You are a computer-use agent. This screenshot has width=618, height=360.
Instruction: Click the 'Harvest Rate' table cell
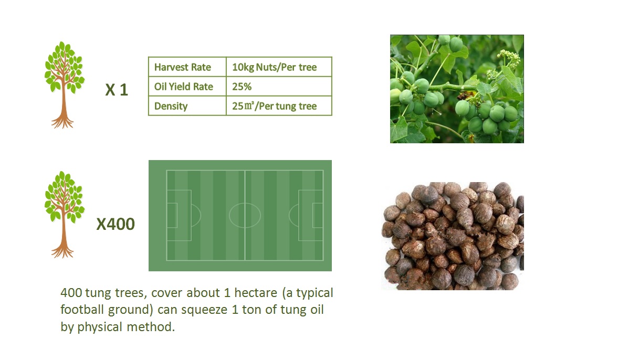[x=187, y=67]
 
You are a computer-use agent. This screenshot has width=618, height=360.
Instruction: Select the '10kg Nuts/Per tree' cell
[x=279, y=67]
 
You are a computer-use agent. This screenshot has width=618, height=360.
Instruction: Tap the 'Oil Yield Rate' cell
[x=187, y=86]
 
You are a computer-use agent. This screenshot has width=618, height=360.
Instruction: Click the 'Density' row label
[x=187, y=105]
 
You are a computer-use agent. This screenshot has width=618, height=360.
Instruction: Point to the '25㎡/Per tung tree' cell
[x=279, y=105]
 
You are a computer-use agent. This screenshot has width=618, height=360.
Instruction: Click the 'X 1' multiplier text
[x=117, y=90]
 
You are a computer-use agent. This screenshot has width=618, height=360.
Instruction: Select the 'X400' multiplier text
[x=116, y=224]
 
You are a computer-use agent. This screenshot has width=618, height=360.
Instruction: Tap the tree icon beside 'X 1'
[x=64, y=84]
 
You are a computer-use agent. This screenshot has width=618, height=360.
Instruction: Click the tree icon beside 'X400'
[x=64, y=214]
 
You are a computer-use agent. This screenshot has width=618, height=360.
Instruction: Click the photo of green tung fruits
[x=457, y=89]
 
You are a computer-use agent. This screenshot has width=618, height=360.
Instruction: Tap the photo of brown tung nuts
[x=453, y=236]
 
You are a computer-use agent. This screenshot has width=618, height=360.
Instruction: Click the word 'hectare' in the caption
[x=256, y=293]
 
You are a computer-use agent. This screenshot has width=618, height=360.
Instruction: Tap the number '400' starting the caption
[x=71, y=293]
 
